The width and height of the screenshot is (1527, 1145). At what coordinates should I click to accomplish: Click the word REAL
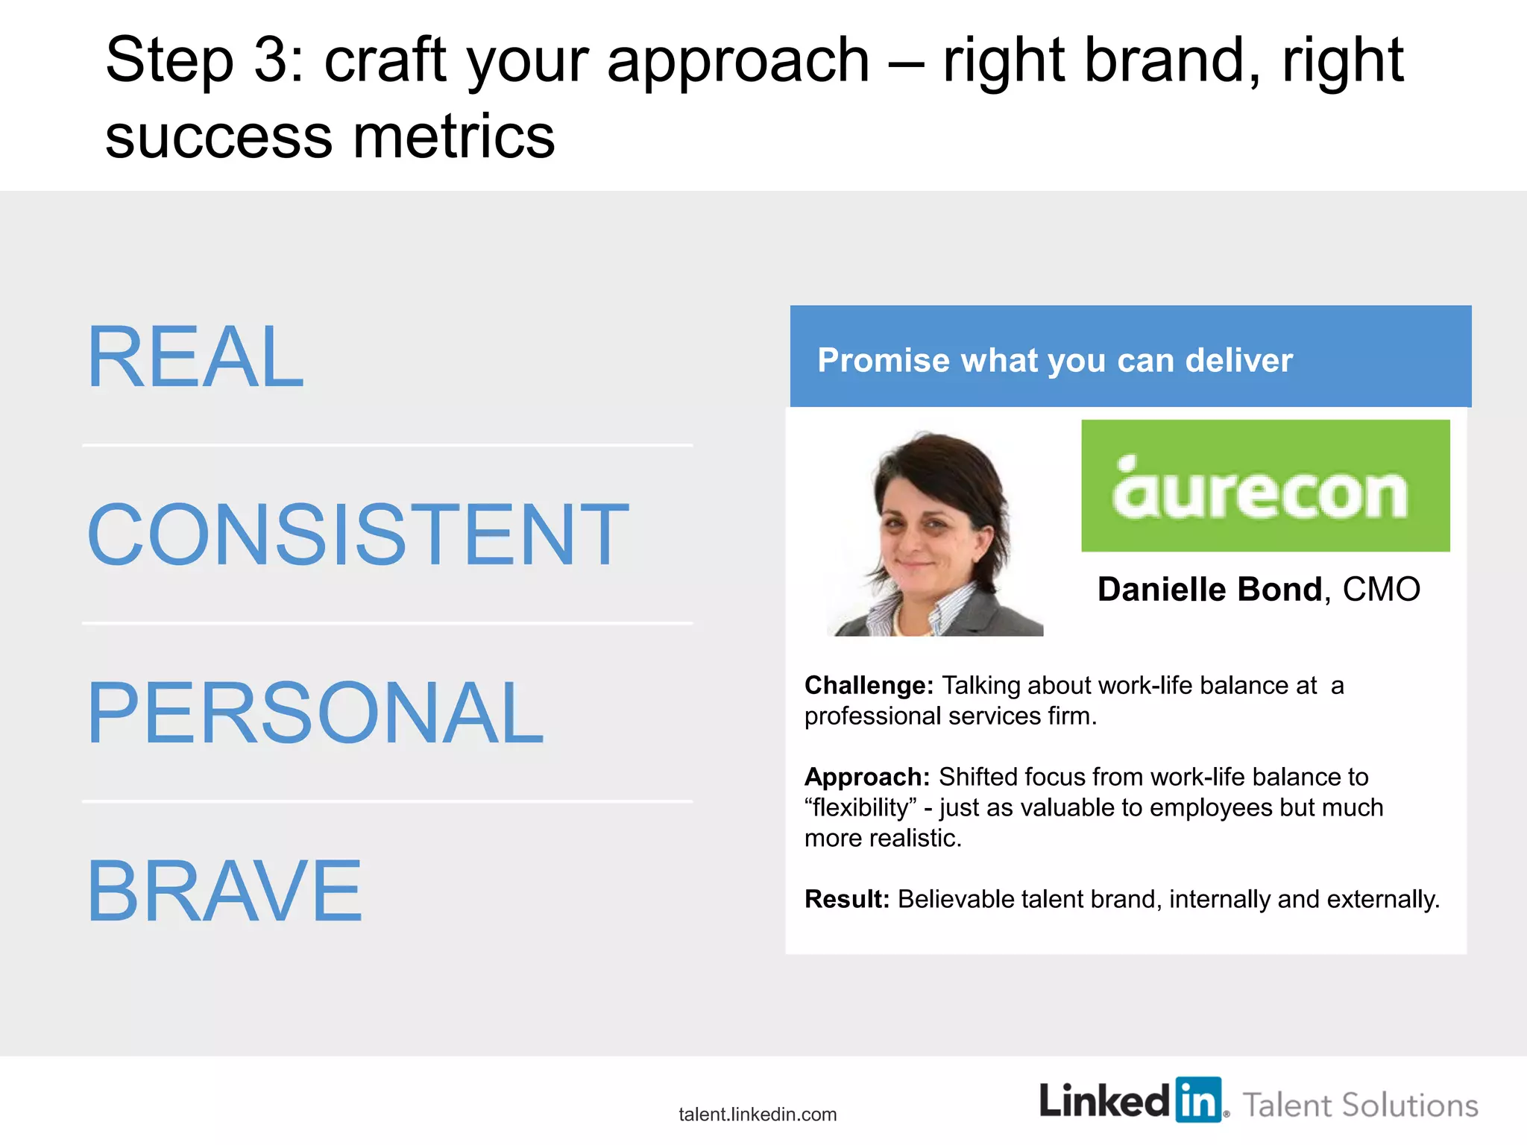(x=195, y=357)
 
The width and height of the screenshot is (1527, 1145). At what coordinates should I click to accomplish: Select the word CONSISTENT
(x=358, y=534)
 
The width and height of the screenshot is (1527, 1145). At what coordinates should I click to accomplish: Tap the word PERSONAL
(x=315, y=713)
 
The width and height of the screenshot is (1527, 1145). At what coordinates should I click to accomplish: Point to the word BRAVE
(x=224, y=891)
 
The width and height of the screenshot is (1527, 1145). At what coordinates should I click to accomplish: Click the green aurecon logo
(x=1265, y=486)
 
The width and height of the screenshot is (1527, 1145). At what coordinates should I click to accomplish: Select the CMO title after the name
(x=1381, y=590)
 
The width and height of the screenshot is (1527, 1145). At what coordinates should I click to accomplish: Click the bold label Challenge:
(x=869, y=685)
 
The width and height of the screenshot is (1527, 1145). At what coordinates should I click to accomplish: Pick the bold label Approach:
(x=866, y=777)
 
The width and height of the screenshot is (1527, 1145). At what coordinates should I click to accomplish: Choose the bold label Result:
(x=846, y=899)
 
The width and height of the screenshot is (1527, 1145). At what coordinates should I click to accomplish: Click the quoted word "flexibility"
(x=860, y=808)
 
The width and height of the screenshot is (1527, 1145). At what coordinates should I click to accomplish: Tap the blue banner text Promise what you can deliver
(x=1054, y=360)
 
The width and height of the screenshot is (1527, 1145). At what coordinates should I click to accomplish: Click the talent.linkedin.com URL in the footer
(x=758, y=1114)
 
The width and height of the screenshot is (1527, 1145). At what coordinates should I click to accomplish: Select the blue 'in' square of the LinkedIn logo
(x=1198, y=1100)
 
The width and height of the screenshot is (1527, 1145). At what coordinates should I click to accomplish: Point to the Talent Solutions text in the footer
(x=1360, y=1105)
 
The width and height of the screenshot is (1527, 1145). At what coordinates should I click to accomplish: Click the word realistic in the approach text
(x=914, y=839)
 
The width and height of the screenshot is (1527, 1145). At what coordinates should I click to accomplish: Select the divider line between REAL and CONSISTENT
(x=388, y=446)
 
